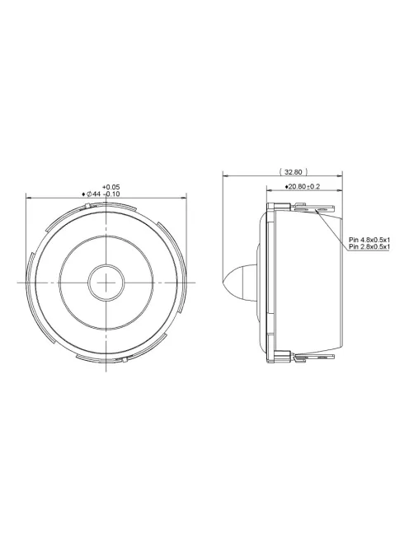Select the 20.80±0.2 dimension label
[x=303, y=187]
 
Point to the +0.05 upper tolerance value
[x=111, y=187]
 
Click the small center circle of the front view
[x=107, y=281]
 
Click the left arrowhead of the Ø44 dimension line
[x=29, y=198]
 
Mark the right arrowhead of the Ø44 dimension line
[x=186, y=198]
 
